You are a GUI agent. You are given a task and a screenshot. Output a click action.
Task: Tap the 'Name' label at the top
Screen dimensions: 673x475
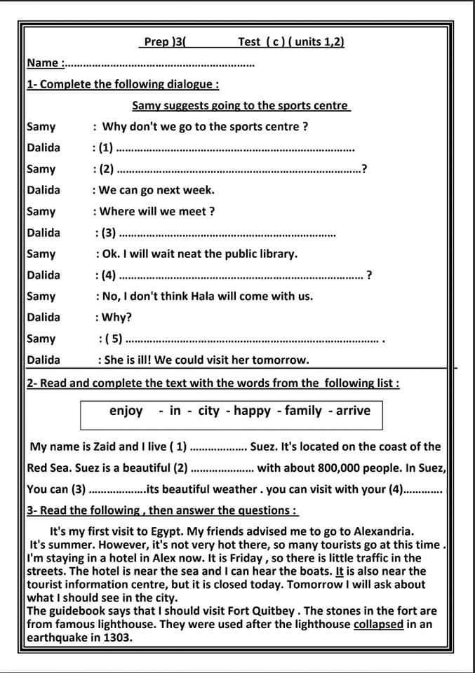click(x=42, y=63)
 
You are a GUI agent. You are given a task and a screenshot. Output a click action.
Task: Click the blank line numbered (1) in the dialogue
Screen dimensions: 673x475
click(x=235, y=149)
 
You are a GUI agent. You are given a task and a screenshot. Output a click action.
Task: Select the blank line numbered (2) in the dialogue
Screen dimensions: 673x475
click(x=239, y=170)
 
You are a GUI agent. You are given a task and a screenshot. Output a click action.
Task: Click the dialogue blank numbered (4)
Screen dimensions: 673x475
click(x=239, y=276)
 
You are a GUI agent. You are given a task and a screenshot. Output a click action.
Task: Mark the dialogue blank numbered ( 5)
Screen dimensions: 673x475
click(x=253, y=340)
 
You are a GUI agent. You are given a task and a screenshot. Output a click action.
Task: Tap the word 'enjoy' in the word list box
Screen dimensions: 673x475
click(x=126, y=411)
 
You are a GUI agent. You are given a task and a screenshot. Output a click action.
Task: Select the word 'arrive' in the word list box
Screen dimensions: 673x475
click(x=353, y=411)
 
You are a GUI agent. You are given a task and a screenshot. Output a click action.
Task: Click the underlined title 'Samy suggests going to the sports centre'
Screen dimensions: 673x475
click(x=240, y=106)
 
